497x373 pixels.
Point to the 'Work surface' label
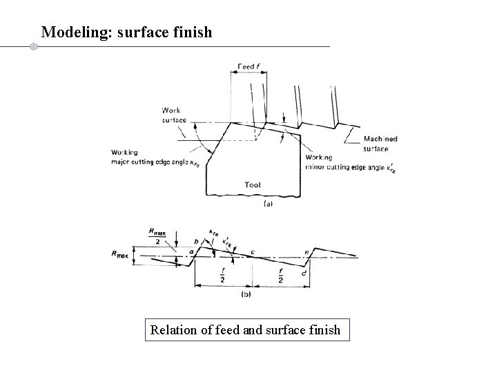point(174,115)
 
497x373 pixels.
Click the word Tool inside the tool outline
point(253,184)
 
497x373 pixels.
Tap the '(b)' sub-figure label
point(245,294)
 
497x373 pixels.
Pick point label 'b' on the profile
point(197,242)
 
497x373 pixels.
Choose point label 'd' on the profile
point(304,274)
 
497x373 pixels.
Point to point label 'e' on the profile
point(306,254)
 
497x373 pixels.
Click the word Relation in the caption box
point(173,330)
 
